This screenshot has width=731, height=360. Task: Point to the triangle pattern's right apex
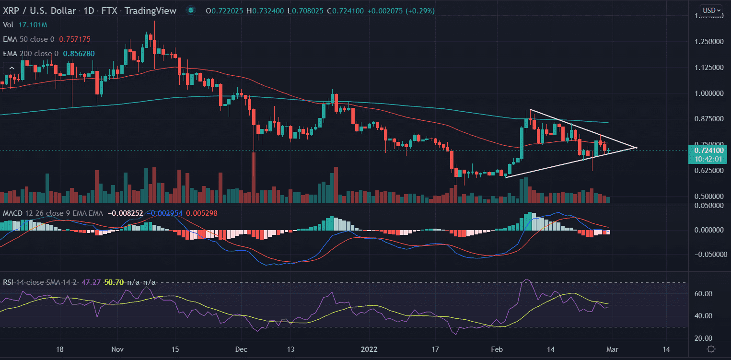coord(637,147)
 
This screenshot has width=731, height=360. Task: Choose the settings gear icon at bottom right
coord(711,349)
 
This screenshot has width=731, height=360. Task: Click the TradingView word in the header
coord(150,11)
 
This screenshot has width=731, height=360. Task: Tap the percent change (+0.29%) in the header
coord(419,11)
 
